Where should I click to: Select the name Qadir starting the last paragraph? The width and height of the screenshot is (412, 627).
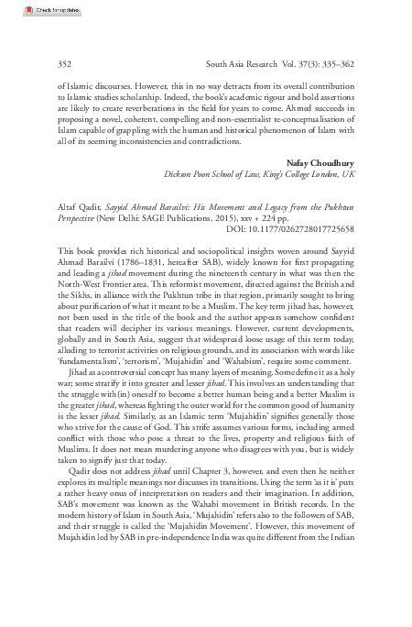[57, 492]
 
